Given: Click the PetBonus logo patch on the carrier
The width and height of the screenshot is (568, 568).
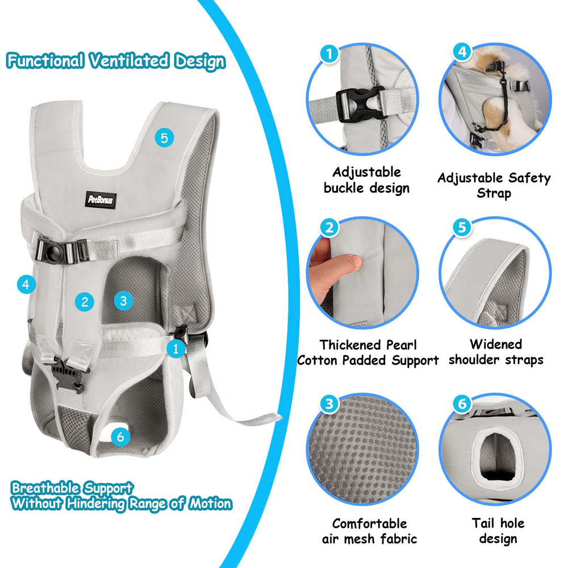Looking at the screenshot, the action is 101,199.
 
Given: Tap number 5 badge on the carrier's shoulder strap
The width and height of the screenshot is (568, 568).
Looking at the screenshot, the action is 164,138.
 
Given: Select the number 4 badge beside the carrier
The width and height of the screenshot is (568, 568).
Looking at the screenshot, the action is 26,285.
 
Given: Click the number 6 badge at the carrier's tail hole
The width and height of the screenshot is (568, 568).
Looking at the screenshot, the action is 120,436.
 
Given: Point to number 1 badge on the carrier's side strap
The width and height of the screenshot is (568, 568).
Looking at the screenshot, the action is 176,349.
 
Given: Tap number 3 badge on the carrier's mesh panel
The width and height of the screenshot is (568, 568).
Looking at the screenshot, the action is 123,300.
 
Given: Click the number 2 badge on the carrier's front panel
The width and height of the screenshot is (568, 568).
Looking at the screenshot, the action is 85,302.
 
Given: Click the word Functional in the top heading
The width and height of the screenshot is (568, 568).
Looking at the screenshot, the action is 45,61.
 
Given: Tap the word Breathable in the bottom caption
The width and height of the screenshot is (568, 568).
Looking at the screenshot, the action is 45,487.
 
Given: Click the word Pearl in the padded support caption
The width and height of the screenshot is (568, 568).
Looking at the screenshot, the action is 402,345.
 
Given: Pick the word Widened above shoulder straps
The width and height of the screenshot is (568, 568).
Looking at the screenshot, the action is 496,344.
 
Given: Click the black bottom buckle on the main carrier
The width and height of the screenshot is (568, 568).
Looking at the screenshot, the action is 68,375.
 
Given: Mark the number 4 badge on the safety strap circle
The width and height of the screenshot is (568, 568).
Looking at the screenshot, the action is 462,52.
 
